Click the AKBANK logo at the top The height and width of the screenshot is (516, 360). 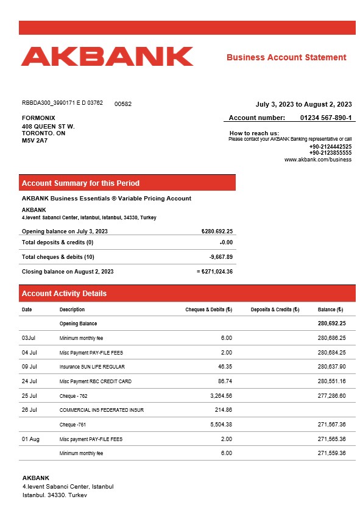[x=107, y=56]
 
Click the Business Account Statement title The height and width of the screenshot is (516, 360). [x=286, y=57]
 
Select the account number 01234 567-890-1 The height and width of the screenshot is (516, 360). [x=326, y=118]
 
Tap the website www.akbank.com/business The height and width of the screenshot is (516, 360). [x=318, y=160]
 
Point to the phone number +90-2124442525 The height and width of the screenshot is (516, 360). [x=330, y=147]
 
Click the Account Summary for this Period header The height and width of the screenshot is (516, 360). [x=80, y=183]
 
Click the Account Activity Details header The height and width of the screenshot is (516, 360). [x=64, y=294]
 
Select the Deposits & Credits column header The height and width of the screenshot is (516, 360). [x=275, y=309]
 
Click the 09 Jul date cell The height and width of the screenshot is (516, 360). [x=29, y=367]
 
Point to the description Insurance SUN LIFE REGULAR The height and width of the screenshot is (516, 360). [x=92, y=367]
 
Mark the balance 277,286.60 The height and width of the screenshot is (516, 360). [x=331, y=395]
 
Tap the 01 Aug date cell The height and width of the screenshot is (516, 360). [x=30, y=439]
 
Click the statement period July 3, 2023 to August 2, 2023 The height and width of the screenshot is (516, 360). [x=303, y=104]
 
